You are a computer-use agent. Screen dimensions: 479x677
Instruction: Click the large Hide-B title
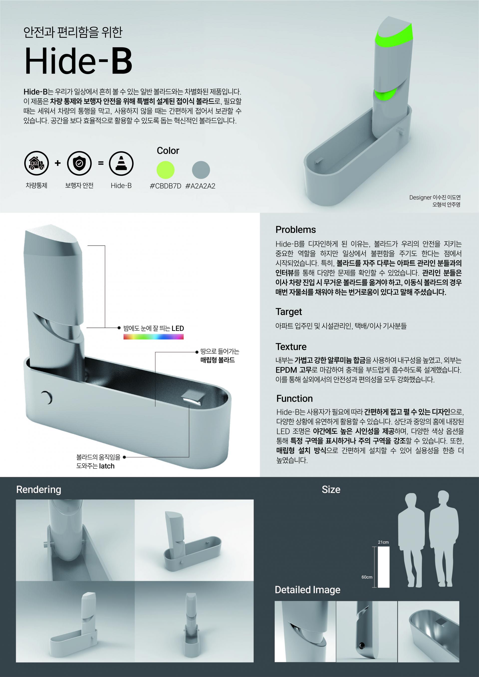click(78, 61)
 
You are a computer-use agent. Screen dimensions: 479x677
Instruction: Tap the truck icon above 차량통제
click(36, 163)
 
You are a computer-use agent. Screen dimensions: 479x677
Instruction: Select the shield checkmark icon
click(79, 163)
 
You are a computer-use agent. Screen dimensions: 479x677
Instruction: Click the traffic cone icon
click(121, 163)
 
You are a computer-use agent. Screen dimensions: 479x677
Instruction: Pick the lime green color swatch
click(165, 170)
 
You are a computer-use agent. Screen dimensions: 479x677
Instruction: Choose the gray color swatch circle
click(201, 170)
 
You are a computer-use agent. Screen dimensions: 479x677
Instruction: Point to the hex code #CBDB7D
click(165, 186)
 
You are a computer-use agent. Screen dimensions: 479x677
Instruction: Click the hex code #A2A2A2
click(201, 186)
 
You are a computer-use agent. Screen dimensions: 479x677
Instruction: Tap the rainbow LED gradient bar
click(153, 337)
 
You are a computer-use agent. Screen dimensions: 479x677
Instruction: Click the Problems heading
click(296, 230)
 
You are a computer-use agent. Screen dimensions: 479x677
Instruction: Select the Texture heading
click(291, 347)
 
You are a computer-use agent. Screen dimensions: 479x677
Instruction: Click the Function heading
click(294, 399)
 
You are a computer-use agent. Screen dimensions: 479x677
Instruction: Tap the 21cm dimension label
click(383, 542)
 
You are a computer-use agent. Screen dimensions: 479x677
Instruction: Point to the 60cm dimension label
click(367, 577)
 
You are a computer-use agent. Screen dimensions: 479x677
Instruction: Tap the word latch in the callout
click(107, 466)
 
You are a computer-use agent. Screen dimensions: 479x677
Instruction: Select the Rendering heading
click(39, 489)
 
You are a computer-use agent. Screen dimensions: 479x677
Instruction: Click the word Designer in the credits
click(420, 197)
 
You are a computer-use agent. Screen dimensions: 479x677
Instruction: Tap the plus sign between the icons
click(58, 163)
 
